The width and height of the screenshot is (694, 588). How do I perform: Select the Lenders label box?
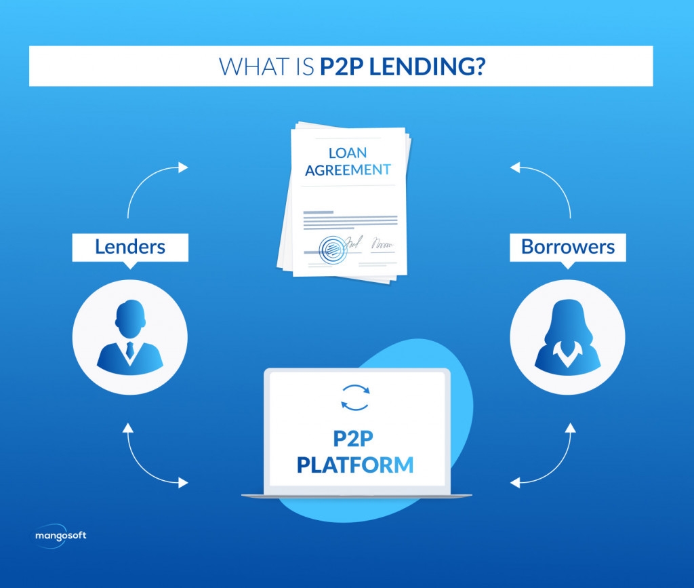tap(130, 246)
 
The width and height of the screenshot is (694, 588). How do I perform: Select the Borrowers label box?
tap(567, 246)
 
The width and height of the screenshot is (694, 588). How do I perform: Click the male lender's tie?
tap(129, 350)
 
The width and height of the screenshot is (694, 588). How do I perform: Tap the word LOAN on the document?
tap(347, 153)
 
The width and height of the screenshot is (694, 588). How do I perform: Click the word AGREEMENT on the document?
tap(347, 170)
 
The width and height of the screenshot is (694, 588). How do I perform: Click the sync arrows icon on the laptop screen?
tap(354, 398)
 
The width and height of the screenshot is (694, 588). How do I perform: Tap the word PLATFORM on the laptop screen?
tap(354, 465)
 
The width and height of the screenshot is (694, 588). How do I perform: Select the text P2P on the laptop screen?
tap(354, 439)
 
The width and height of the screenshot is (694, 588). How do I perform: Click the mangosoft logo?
tap(61, 536)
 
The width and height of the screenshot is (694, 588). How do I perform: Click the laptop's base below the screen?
tap(356, 496)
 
